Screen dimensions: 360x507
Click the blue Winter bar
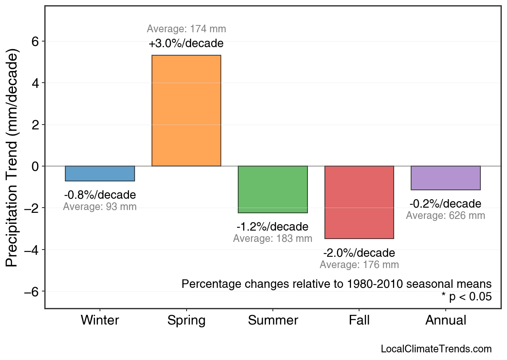(x=100, y=173)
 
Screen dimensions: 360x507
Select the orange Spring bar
(x=186, y=110)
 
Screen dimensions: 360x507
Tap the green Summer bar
(x=273, y=189)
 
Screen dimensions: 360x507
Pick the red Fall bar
(x=359, y=202)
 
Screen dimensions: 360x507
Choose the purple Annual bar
(x=446, y=178)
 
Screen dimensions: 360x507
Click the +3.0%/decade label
(x=186, y=43)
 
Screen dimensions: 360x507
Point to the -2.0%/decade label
(x=359, y=253)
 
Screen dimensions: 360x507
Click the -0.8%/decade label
(x=100, y=195)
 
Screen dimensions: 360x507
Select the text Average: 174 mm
(x=186, y=29)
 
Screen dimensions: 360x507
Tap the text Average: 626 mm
(x=445, y=216)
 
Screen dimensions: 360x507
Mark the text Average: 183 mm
(x=273, y=239)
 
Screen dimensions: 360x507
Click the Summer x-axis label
(x=273, y=320)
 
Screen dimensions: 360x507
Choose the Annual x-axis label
(x=446, y=320)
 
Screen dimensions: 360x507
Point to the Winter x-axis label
(x=100, y=320)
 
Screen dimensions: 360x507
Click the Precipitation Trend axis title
(x=13, y=158)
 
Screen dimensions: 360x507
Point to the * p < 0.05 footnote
(x=466, y=297)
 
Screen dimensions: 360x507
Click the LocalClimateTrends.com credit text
(x=436, y=349)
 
